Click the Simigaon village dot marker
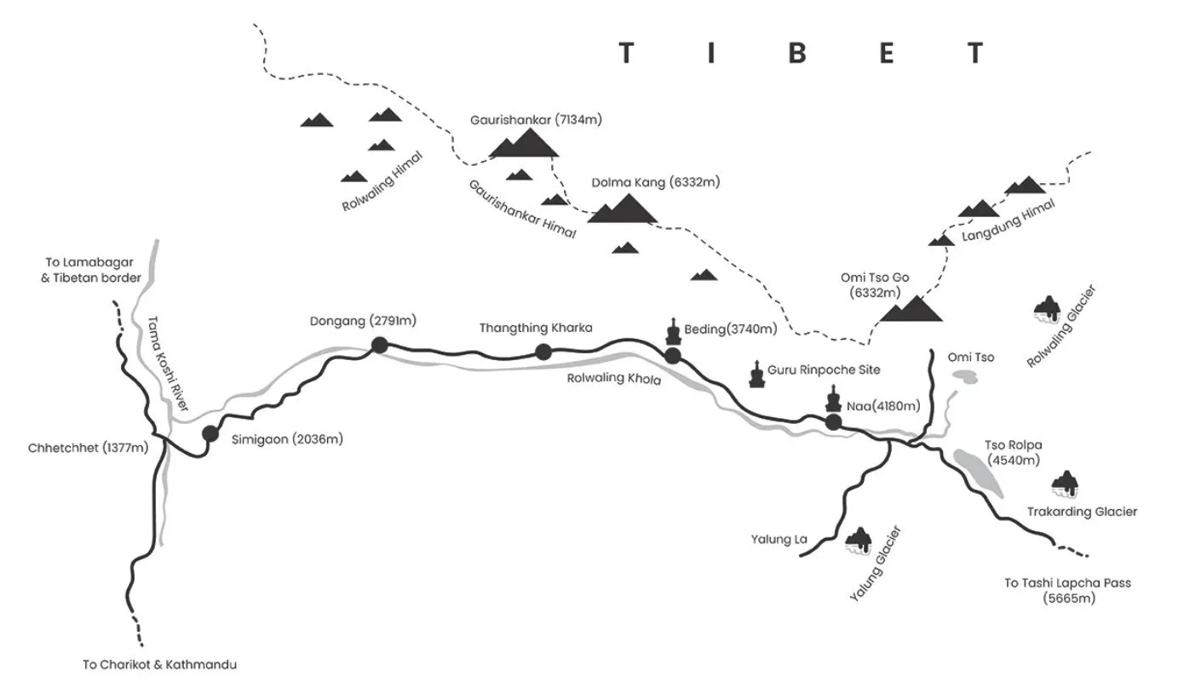click(x=210, y=433)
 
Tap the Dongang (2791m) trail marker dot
click(x=380, y=345)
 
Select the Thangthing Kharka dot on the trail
click(x=543, y=352)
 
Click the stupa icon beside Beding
click(x=673, y=332)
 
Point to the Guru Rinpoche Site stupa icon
click(x=756, y=374)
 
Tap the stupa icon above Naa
click(x=833, y=398)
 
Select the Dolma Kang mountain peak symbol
click(x=623, y=209)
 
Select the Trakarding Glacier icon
click(x=1065, y=484)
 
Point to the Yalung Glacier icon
click(x=859, y=541)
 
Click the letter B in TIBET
click(x=797, y=54)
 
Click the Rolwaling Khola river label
click(x=613, y=380)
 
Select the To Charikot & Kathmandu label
click(x=159, y=664)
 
